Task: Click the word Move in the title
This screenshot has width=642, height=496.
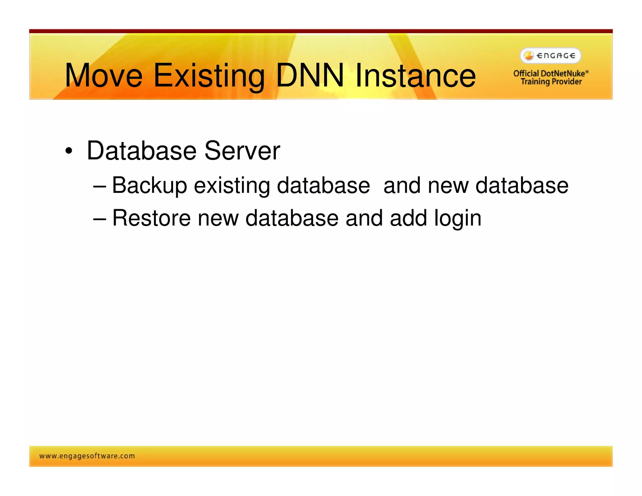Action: [x=103, y=76]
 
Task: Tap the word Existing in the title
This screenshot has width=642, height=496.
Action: [x=209, y=76]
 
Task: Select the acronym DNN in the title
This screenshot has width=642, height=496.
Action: [x=310, y=76]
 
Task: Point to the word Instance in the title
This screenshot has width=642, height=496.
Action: [x=415, y=76]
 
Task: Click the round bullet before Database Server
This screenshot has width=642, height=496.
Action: [x=69, y=151]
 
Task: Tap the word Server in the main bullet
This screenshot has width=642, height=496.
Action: [x=242, y=151]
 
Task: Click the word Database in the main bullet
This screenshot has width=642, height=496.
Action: [x=142, y=151]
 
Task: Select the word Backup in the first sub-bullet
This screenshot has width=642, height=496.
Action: [x=150, y=186]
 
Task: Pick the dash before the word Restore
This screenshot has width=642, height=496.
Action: [x=100, y=219]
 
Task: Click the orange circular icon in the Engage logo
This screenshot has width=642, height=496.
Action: [x=529, y=56]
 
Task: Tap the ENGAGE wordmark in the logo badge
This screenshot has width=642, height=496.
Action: [x=556, y=56]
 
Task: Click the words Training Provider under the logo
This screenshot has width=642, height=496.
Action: [x=551, y=82]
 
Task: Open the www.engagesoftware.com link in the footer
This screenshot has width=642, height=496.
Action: [x=87, y=456]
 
